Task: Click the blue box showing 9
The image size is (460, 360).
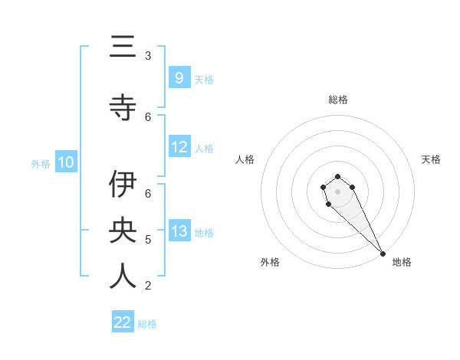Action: [x=179, y=78]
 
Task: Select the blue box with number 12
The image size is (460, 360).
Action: [x=179, y=147]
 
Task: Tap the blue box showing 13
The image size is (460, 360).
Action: [x=179, y=231]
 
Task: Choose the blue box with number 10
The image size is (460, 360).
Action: [x=66, y=162]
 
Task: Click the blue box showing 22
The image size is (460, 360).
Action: [x=123, y=322]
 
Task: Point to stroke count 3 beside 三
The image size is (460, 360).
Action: [x=148, y=55]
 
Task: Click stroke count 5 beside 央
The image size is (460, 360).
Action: [x=148, y=240]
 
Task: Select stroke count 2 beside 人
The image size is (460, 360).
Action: [x=148, y=286]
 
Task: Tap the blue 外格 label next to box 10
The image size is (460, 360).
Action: [x=41, y=163]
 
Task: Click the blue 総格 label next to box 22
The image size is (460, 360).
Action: [x=147, y=324]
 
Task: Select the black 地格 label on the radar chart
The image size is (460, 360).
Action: [x=402, y=262]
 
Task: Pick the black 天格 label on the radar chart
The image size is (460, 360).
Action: [x=431, y=159]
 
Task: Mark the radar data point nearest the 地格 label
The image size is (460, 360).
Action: [x=383, y=254]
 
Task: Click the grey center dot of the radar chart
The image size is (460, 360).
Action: [x=337, y=191]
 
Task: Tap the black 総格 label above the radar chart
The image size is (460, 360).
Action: [x=337, y=100]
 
